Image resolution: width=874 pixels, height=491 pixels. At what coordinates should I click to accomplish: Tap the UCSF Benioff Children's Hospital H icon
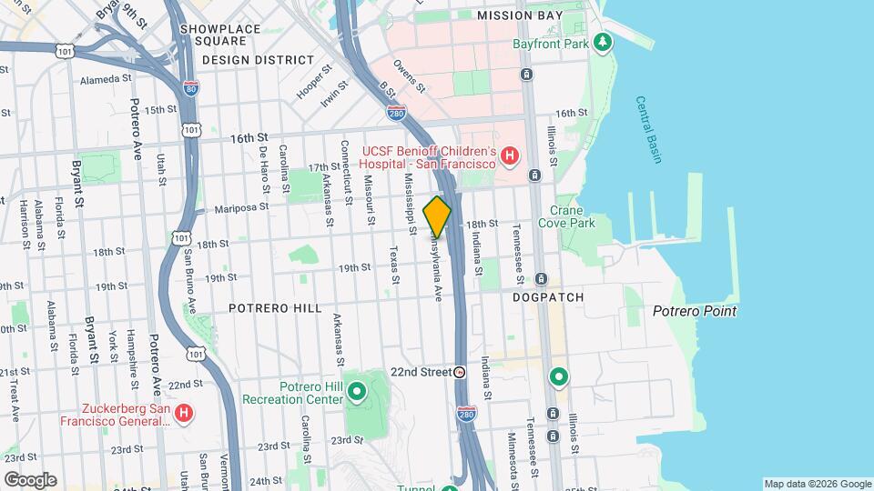coord(510,156)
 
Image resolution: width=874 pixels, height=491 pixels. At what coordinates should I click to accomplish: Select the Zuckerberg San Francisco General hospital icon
coord(184,413)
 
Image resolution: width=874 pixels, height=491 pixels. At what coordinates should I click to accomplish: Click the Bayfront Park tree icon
coord(601,42)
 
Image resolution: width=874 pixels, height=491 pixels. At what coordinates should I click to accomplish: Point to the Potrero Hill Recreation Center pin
coord(357,393)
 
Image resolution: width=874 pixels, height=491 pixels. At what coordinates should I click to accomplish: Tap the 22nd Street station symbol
coord(460,372)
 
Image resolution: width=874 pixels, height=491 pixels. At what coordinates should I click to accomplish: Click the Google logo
coord(30,479)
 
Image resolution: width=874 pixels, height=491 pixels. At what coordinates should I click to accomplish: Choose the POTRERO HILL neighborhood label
coord(275,308)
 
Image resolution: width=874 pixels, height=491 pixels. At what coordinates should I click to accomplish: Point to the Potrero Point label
coord(695,311)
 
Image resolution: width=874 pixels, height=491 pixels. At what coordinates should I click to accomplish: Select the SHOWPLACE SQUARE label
coord(213,35)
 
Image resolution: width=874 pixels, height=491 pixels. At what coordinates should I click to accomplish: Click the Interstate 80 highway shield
coord(189,88)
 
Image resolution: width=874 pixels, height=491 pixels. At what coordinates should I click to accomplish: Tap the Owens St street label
coord(410,76)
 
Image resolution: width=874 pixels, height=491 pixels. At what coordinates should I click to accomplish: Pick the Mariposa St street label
coord(241,207)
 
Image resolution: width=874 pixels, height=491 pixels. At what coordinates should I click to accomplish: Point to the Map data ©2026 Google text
coord(817,484)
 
